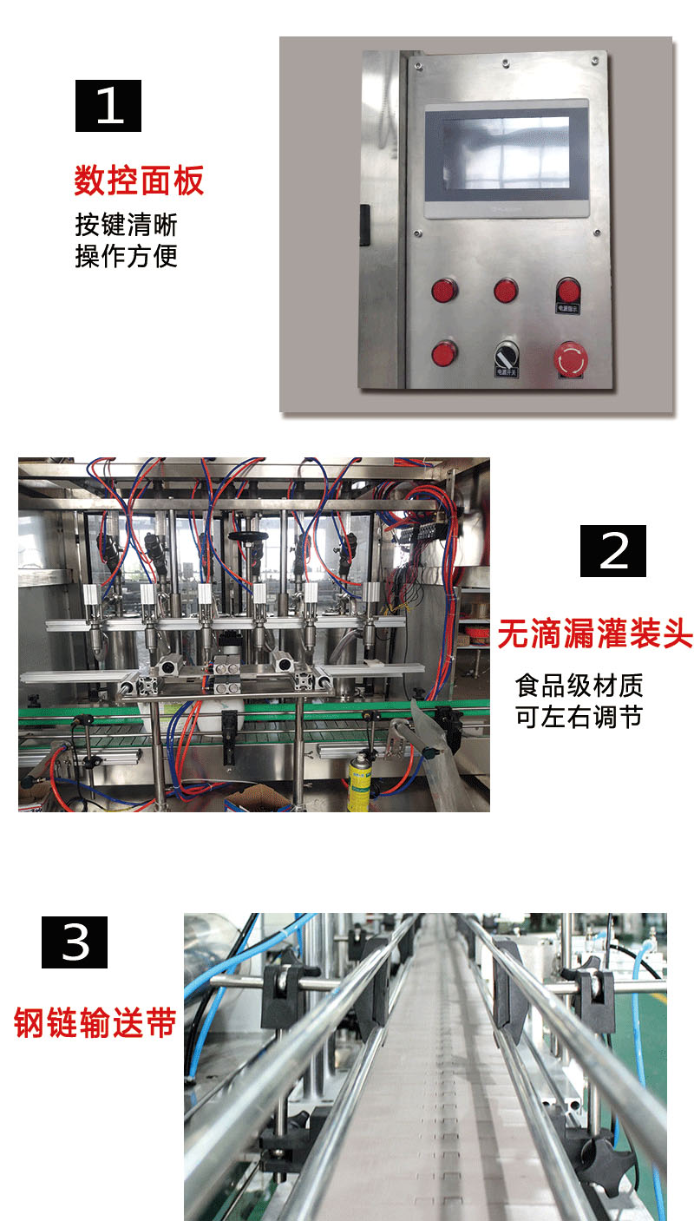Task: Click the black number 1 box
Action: click(x=108, y=106)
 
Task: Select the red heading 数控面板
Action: click(x=139, y=181)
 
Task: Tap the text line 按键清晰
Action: click(x=126, y=225)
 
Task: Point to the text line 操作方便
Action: click(x=126, y=256)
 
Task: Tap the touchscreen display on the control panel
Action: click(x=507, y=159)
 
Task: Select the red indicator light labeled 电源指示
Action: click(x=568, y=290)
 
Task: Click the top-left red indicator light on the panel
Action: click(x=444, y=290)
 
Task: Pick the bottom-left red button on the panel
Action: click(x=444, y=353)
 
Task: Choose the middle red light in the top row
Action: click(x=506, y=290)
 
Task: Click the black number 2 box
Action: click(x=613, y=550)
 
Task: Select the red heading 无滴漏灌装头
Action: click(x=594, y=634)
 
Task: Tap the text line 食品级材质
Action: click(x=579, y=686)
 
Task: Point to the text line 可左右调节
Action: click(x=579, y=719)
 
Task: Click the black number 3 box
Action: click(x=75, y=942)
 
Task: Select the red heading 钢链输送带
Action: click(x=95, y=1022)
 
